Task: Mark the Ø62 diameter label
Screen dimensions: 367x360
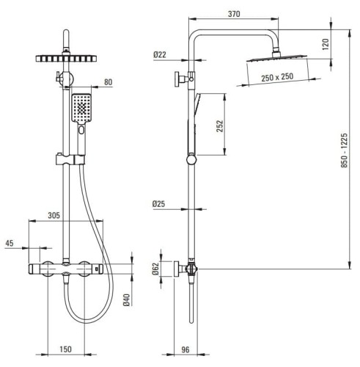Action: point(155,269)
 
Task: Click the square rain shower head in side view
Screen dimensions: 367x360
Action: point(276,62)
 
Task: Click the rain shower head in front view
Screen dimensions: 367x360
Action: point(65,58)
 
